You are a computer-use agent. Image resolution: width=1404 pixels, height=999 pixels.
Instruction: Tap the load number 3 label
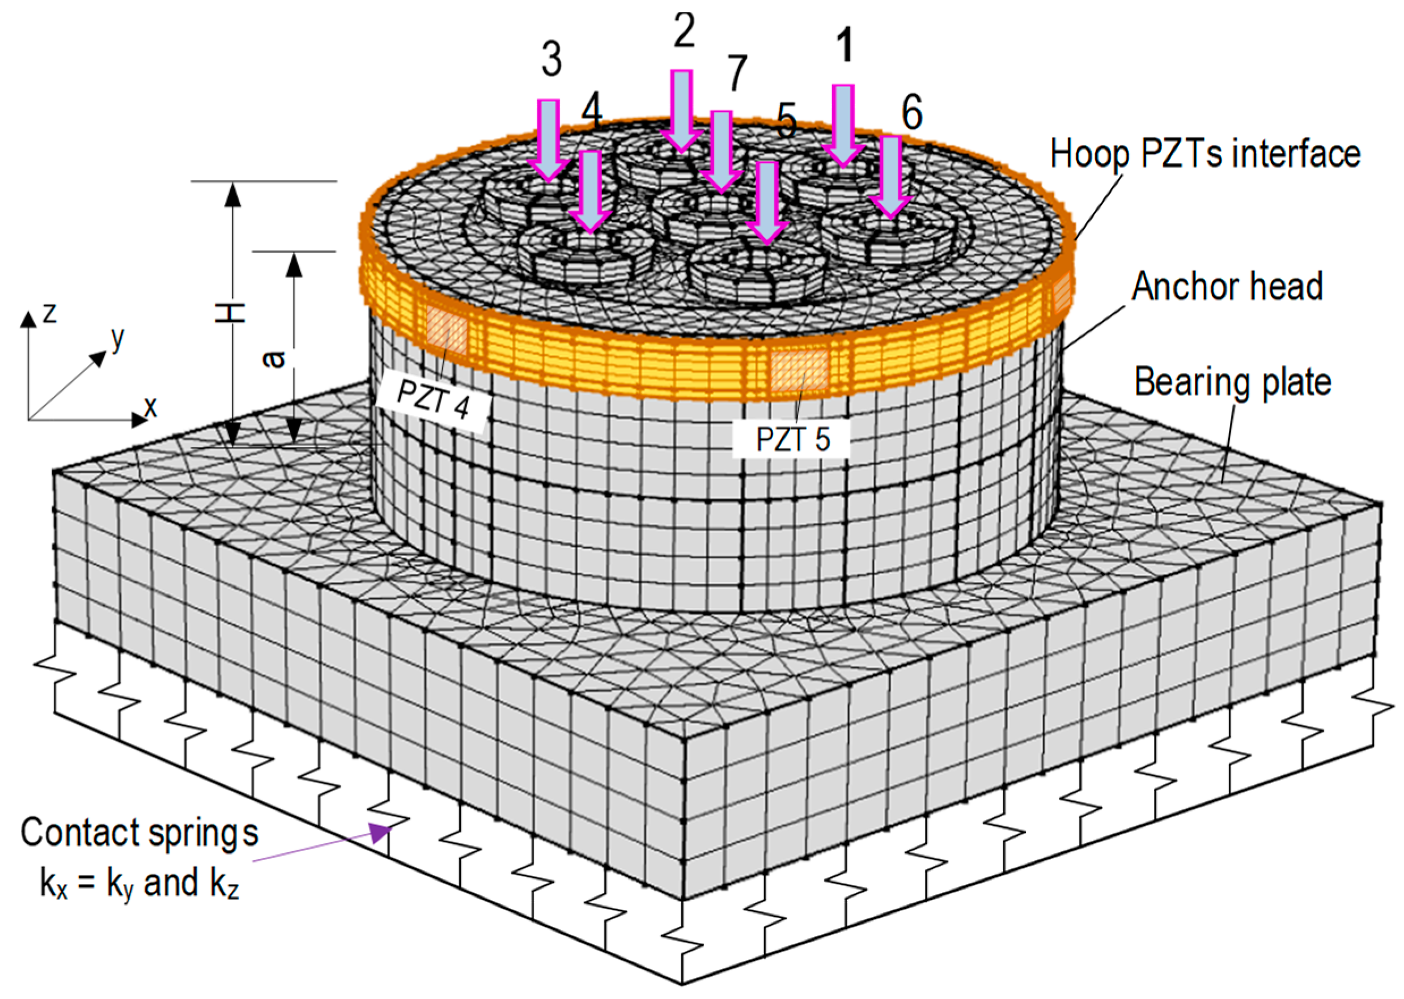click(x=552, y=59)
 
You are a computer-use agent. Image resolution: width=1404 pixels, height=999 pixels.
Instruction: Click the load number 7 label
click(x=737, y=72)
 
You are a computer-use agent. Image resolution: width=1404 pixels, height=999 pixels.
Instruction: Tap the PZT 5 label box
click(x=792, y=439)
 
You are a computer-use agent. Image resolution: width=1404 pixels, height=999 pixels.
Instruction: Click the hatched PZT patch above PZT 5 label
click(x=799, y=371)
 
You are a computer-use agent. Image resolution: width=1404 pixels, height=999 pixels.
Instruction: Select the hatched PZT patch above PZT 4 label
click(x=447, y=330)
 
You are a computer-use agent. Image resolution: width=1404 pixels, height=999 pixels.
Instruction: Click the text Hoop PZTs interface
click(x=1204, y=154)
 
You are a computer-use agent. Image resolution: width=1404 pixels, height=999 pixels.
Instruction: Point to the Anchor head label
click(x=1227, y=286)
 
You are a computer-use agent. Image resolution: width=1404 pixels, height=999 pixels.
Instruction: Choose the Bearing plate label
click(x=1232, y=382)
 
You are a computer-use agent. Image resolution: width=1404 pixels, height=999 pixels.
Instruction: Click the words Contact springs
click(x=139, y=834)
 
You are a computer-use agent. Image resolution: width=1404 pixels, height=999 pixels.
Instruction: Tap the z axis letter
click(x=50, y=312)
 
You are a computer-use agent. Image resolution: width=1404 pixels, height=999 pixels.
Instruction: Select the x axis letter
click(x=150, y=407)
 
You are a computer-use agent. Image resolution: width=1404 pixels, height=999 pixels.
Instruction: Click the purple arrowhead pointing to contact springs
click(x=381, y=833)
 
